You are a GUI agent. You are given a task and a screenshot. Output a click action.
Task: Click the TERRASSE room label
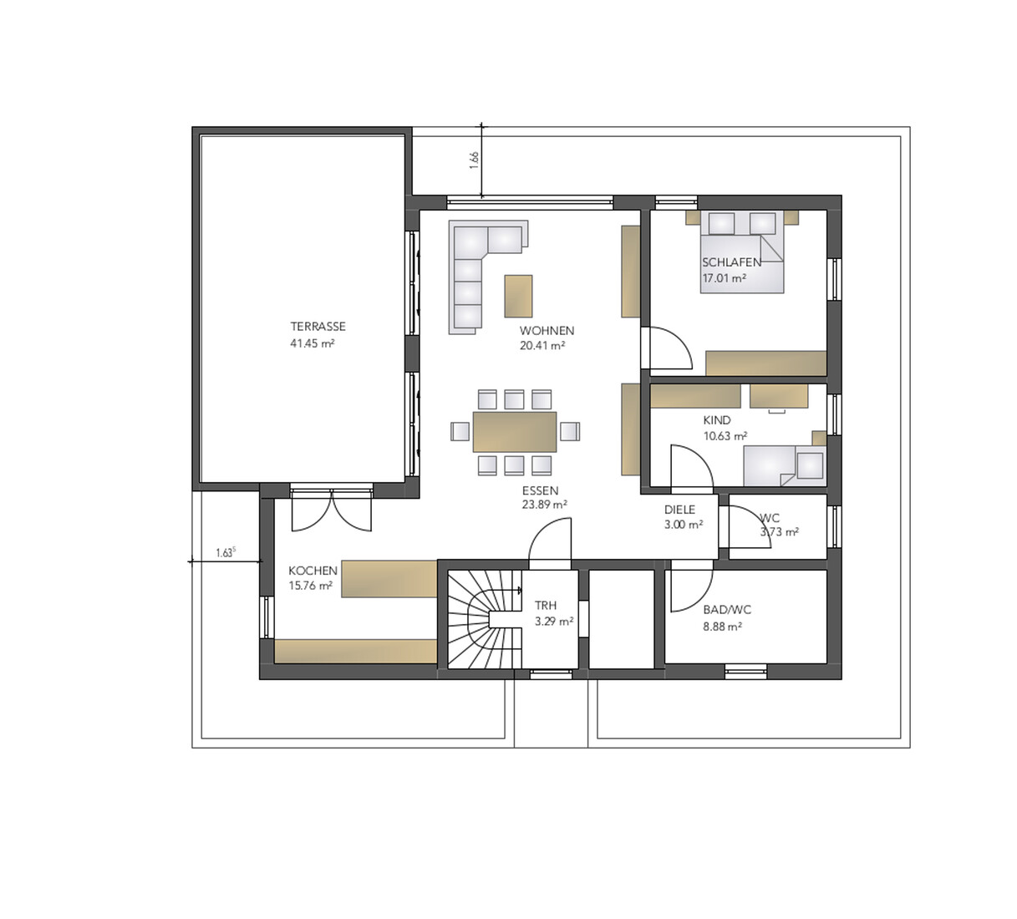tap(318, 327)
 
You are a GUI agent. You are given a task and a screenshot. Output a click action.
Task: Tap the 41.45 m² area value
tap(313, 343)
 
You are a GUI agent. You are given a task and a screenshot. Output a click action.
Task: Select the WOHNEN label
tap(547, 331)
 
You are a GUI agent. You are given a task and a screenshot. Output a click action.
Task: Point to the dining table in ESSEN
tap(515, 432)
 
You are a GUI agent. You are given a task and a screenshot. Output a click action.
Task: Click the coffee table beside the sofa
tap(518, 296)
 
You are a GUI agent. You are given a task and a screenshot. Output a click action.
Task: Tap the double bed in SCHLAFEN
tap(742, 252)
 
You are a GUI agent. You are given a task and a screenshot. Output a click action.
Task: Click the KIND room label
tap(717, 420)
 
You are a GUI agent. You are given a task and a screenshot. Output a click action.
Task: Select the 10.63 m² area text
tap(725, 436)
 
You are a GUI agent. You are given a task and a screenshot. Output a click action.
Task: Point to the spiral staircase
tap(485, 619)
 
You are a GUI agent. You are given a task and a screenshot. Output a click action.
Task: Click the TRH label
tap(546, 605)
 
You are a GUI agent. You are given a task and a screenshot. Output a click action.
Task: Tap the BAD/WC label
tap(727, 610)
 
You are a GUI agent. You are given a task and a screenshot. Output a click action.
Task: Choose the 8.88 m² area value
tap(723, 627)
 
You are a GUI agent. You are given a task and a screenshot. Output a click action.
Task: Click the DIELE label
tap(679, 510)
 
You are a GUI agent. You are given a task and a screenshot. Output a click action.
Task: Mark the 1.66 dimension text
tap(475, 160)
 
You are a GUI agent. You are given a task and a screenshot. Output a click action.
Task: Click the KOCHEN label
tap(313, 571)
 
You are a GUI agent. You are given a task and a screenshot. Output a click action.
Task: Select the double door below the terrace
tap(332, 510)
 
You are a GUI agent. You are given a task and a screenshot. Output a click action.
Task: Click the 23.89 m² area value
tap(545, 505)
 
